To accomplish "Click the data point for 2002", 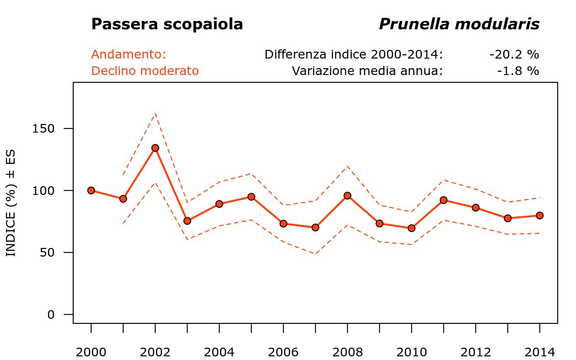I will (155, 148).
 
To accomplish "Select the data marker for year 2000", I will (91, 190).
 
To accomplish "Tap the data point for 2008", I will (347, 195).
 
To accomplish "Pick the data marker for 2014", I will (539, 215).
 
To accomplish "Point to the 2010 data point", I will (411, 228).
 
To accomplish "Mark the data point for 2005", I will (251, 197).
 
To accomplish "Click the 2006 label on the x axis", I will (283, 352).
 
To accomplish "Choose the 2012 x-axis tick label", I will (475, 352).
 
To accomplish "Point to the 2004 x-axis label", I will (219, 352).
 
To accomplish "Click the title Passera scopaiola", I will (167, 24).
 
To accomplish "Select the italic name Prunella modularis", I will (459, 24).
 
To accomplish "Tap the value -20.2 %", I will (514, 54).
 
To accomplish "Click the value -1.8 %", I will (518, 71).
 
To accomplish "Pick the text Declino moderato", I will (145, 71).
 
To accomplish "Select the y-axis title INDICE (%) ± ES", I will (11, 203).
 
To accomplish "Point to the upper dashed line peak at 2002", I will (155, 113).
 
